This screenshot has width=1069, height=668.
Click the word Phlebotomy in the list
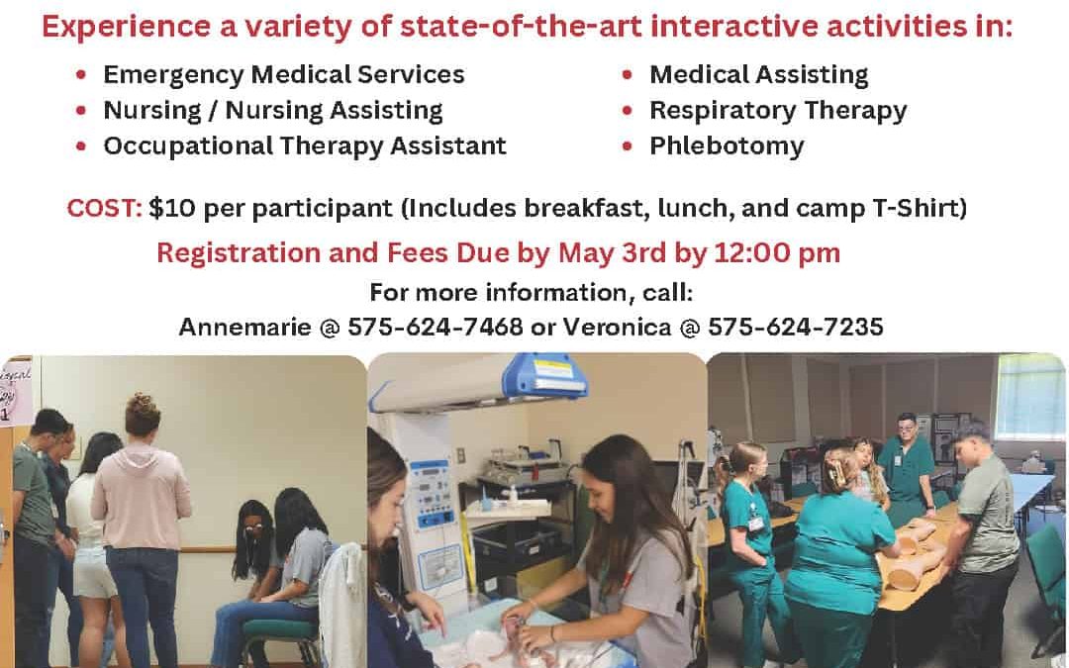pyautogui.click(x=727, y=146)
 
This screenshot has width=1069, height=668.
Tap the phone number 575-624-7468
pyautogui.click(x=435, y=328)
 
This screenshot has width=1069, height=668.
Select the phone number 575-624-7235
pyautogui.click(x=796, y=328)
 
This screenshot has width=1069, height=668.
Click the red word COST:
pyautogui.click(x=104, y=208)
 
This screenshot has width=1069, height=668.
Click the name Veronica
pyautogui.click(x=617, y=328)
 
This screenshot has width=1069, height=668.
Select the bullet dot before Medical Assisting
pyautogui.click(x=628, y=75)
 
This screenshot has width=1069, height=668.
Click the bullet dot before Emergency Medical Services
pyautogui.click(x=81, y=75)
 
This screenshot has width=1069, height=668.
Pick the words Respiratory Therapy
pyautogui.click(x=778, y=111)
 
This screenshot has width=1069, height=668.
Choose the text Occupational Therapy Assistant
pyautogui.click(x=305, y=146)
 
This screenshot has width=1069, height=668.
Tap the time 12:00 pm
pyautogui.click(x=777, y=253)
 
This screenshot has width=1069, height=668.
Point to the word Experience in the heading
pyautogui.click(x=126, y=28)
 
